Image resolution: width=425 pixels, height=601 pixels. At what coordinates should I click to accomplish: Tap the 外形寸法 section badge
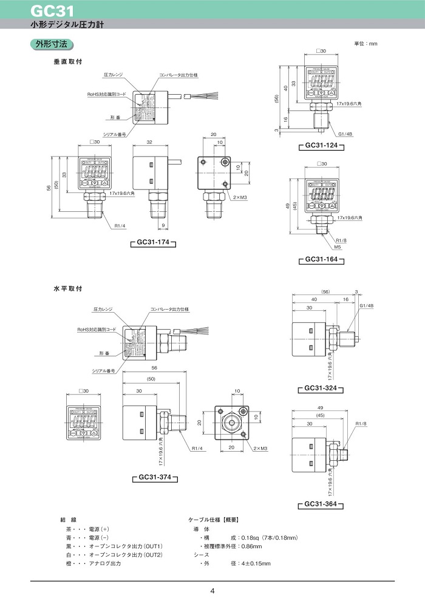pyautogui.click(x=52, y=44)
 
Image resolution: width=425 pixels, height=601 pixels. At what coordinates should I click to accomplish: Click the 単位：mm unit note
pyautogui.click(x=365, y=44)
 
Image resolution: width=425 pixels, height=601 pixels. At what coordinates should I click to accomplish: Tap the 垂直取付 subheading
pyautogui.click(x=67, y=62)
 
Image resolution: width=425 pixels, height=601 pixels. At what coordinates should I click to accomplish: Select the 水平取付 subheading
pyautogui.click(x=67, y=288)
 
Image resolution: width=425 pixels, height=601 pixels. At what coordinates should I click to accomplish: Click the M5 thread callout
pyautogui.click(x=338, y=247)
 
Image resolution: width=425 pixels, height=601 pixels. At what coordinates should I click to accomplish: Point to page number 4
pyautogui.click(x=212, y=591)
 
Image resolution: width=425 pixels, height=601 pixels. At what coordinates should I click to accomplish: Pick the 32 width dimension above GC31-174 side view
pyautogui.click(x=149, y=142)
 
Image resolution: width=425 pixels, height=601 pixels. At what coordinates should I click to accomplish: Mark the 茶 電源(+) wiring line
pyautogui.click(x=87, y=529)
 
